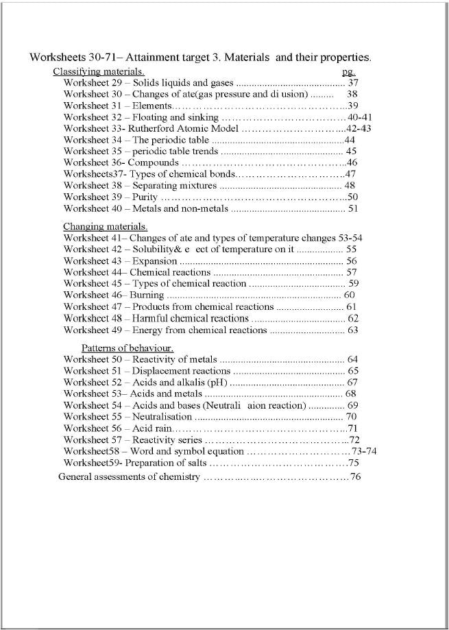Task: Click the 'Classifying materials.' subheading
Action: (99, 71)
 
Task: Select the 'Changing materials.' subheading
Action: (106, 226)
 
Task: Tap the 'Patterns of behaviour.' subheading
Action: (128, 348)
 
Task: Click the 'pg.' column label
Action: (348, 71)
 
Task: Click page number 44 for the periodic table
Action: (350, 140)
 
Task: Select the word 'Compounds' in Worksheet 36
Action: (154, 163)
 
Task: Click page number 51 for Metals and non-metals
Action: (354, 209)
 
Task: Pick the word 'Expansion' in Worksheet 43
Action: (155, 261)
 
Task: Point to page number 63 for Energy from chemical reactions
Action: (353, 330)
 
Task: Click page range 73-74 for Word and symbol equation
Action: (363, 452)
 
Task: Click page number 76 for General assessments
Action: (355, 477)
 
